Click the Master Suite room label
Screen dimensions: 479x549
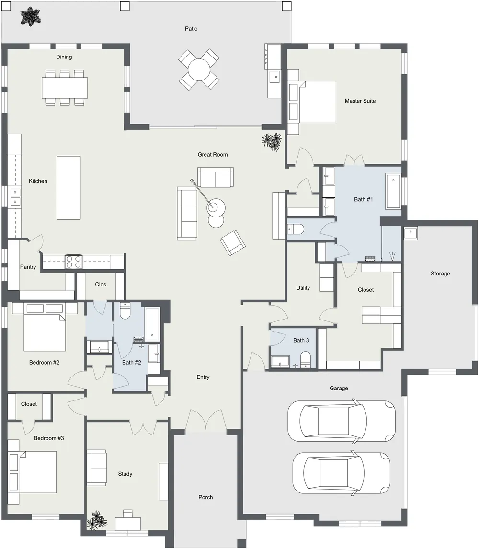[360, 101]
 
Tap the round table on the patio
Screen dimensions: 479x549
[199, 69]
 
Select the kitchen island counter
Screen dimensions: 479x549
[68, 188]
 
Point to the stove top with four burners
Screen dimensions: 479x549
[74, 262]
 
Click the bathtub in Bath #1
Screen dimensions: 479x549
[393, 191]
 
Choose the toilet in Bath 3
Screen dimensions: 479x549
[305, 360]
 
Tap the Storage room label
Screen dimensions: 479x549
[440, 274]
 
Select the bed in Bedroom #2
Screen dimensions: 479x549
[45, 327]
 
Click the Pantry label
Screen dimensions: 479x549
[28, 267]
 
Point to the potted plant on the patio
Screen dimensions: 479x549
[31, 16]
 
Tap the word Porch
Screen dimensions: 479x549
[205, 497]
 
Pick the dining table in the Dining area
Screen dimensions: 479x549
[65, 88]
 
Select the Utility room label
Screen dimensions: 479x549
[303, 288]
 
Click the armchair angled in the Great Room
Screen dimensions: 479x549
[233, 242]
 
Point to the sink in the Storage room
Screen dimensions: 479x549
[411, 233]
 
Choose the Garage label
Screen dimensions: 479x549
[339, 389]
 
